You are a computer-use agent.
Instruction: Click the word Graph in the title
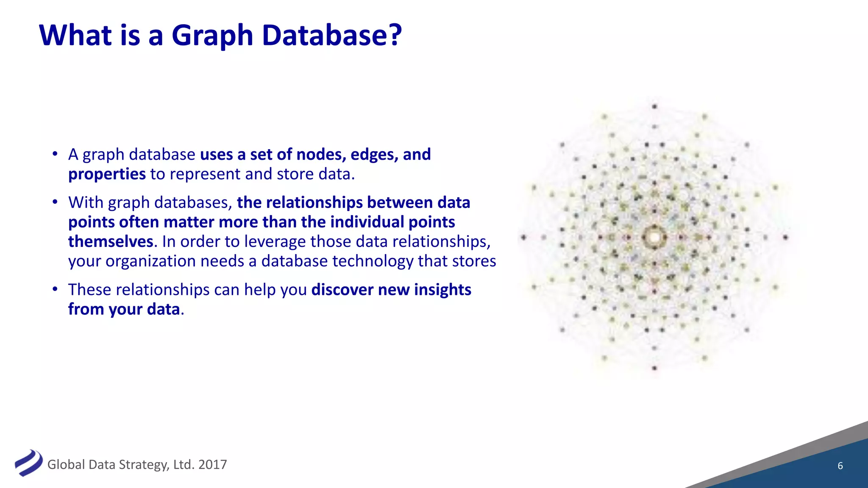(212, 36)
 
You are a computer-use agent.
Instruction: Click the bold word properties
(107, 174)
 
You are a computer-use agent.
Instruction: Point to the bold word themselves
(110, 241)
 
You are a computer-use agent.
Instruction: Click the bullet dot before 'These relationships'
(55, 289)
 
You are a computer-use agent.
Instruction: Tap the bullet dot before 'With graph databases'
(55, 202)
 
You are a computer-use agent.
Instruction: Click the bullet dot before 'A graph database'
(55, 154)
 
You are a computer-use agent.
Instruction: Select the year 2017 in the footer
(212, 465)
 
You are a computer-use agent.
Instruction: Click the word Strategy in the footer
(145, 465)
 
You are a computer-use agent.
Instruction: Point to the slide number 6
(840, 466)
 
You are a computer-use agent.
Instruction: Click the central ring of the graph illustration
(654, 237)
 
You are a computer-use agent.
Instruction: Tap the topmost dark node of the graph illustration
(654, 106)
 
